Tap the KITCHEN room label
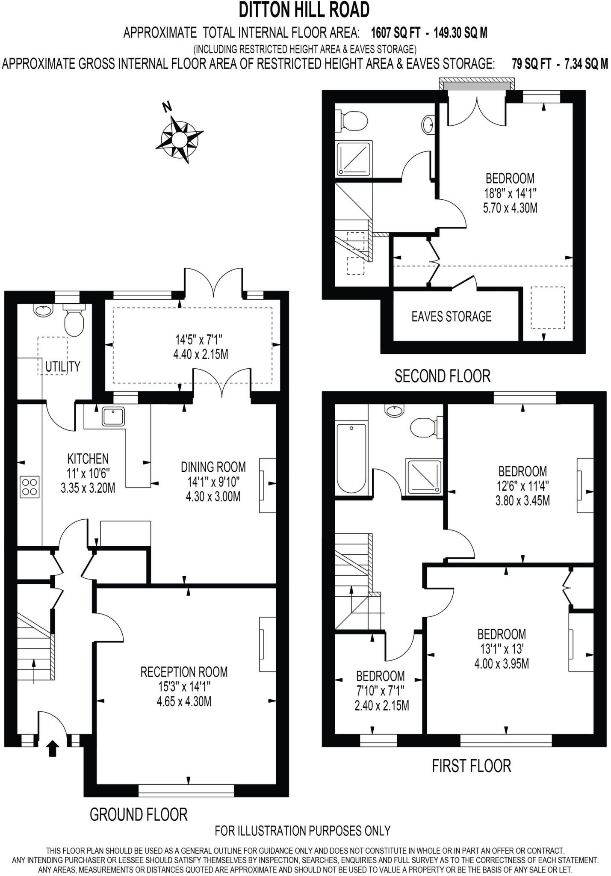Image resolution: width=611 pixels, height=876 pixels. point(88,459)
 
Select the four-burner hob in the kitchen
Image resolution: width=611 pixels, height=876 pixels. point(30,487)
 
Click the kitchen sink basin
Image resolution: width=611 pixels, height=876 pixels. point(113,416)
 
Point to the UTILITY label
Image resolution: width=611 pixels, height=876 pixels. point(63,366)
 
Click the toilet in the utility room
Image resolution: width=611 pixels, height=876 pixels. point(74,322)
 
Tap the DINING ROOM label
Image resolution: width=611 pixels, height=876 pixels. point(213,466)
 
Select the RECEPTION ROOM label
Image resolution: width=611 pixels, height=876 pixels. point(184,672)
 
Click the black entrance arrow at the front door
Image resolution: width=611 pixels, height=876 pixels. point(52,749)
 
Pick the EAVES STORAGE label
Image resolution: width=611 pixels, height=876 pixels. point(451,317)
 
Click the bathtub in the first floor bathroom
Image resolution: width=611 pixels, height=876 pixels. point(351,458)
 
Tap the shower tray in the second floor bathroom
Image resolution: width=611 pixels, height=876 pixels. point(353,159)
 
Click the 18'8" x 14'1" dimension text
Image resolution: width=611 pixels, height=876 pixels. point(510,193)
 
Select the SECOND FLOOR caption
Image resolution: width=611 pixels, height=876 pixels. point(442,376)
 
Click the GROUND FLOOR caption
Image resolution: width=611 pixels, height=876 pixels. point(139,814)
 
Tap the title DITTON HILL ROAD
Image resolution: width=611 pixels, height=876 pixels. point(304,10)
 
